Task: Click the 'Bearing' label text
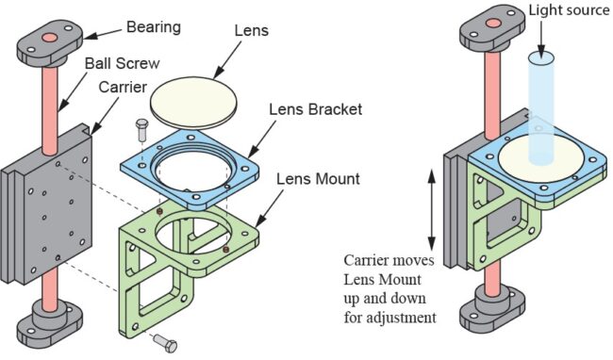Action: click(x=154, y=27)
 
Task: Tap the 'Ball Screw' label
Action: click(x=123, y=63)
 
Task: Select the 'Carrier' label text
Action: click(x=123, y=87)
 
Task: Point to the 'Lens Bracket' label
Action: click(x=316, y=109)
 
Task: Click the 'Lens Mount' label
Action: click(x=318, y=179)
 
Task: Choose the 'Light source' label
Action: click(x=569, y=10)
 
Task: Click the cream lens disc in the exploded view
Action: click(x=193, y=103)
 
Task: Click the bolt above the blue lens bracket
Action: click(x=141, y=131)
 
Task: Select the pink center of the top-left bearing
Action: click(x=50, y=38)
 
